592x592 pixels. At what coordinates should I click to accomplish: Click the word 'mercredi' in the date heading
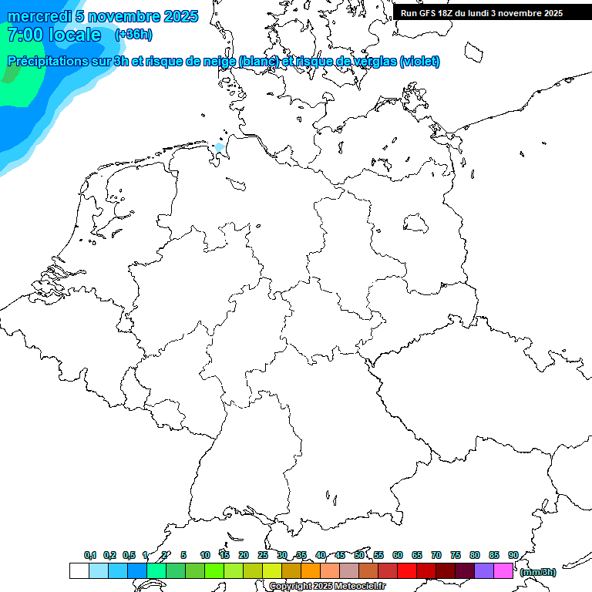click(39, 16)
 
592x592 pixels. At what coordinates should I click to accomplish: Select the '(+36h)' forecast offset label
click(133, 35)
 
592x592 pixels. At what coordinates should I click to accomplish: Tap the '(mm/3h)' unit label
click(538, 572)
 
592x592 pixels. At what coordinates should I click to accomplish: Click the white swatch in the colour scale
click(79, 570)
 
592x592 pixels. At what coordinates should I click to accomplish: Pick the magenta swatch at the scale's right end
click(503, 570)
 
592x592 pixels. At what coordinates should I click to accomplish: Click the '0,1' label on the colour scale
click(90, 555)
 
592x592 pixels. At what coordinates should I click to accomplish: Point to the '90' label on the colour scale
click(513, 555)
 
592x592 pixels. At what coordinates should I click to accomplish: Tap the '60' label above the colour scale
click(398, 555)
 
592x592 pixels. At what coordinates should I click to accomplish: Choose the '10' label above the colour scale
click(205, 555)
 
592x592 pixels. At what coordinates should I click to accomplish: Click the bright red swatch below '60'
click(406, 570)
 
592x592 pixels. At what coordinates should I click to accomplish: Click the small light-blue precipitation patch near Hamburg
click(220, 146)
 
